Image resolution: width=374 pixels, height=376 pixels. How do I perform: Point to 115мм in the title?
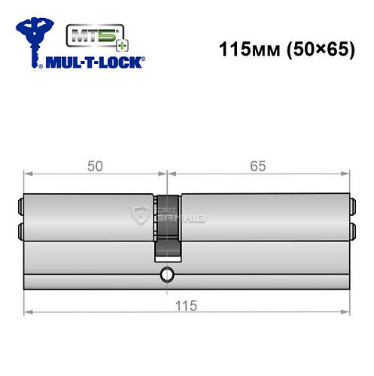pos(243,50)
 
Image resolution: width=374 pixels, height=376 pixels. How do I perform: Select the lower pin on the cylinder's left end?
pos(20,230)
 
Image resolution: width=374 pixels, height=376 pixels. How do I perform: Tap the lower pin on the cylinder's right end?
pos(351,230)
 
